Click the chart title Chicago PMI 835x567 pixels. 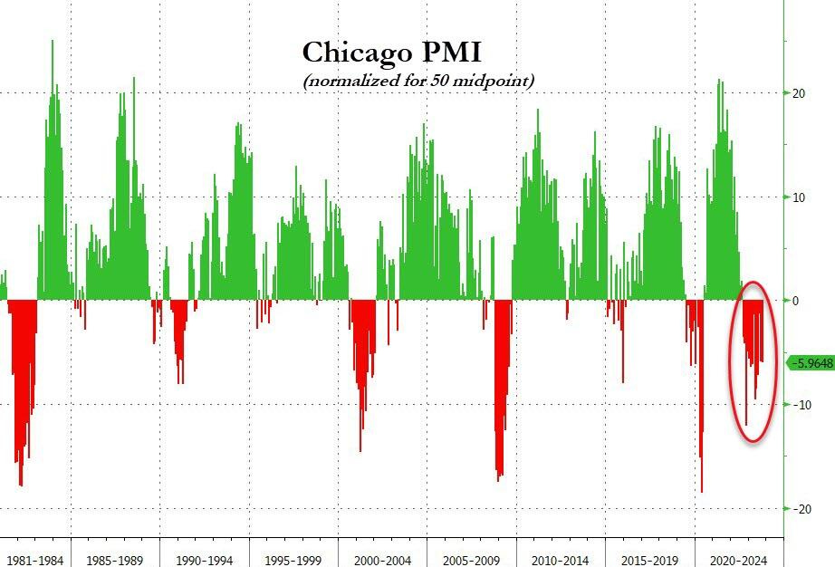coord(391,53)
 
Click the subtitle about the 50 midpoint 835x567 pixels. coord(419,82)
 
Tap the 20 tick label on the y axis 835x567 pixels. coord(799,93)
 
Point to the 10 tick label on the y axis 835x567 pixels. coord(799,197)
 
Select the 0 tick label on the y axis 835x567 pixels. coord(795,301)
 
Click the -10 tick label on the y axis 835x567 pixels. coord(801,405)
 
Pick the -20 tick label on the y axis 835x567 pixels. coord(801,509)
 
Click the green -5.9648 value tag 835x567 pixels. coord(811,363)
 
